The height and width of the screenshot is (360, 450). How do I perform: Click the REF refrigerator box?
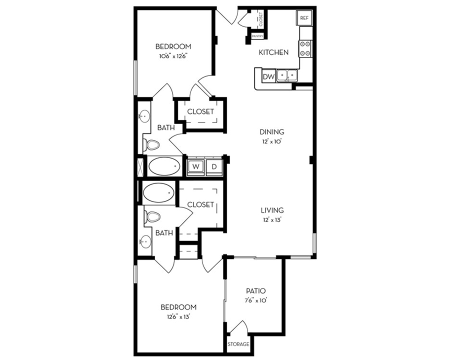304,18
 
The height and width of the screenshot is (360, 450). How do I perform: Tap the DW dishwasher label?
269,76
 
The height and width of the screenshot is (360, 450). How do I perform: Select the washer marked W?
195,166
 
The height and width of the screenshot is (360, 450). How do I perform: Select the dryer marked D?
214,166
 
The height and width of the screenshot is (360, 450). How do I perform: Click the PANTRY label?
257,36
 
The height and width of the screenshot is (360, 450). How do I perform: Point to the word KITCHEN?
273,52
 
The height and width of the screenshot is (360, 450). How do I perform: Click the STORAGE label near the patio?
238,344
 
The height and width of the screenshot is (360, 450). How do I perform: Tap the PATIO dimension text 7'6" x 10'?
255,300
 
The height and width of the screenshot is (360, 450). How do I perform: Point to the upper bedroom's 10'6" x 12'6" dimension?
173,56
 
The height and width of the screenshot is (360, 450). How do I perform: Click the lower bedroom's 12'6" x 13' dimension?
178,317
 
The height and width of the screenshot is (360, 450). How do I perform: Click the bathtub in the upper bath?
164,166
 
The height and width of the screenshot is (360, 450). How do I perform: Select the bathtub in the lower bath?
158,192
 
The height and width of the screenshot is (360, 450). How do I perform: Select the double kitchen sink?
287,75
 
